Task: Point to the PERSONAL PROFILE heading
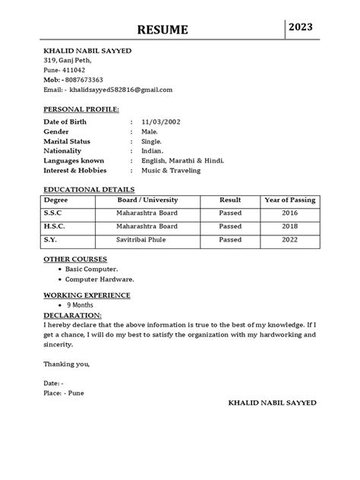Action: click(x=81, y=110)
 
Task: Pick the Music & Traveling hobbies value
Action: click(x=171, y=171)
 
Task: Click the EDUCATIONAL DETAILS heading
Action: click(x=89, y=189)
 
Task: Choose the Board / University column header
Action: click(x=147, y=199)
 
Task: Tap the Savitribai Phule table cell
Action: click(x=147, y=240)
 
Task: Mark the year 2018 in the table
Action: click(x=289, y=226)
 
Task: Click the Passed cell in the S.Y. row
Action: click(x=230, y=240)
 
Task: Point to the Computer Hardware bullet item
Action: click(x=101, y=279)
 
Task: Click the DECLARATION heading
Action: click(x=72, y=314)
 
